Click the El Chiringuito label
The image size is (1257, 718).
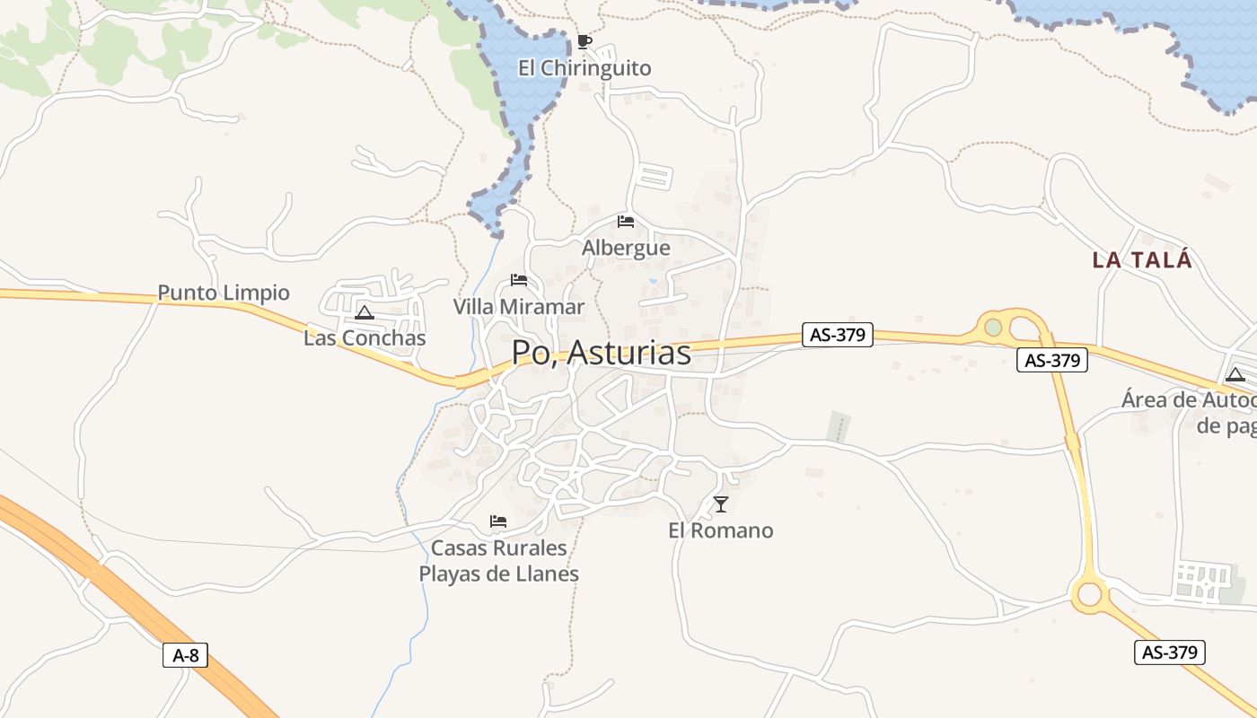[585, 68]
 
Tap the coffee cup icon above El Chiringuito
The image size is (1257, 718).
[584, 41]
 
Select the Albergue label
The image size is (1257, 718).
[626, 248]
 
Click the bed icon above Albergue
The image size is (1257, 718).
[626, 221]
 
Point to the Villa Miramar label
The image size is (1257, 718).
[518, 307]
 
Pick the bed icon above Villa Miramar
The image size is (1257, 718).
[518, 280]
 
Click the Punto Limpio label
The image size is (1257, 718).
[224, 293]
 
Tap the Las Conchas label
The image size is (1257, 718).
[365, 338]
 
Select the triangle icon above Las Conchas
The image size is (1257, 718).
[364, 312]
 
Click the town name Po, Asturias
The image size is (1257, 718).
[602, 353]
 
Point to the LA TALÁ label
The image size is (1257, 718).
[1142, 260]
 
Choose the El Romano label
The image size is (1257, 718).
[720, 530]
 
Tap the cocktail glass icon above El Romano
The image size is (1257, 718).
[720, 503]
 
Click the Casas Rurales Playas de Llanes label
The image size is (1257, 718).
[499, 561]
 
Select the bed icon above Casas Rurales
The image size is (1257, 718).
[498, 521]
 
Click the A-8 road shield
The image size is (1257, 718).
[186, 655]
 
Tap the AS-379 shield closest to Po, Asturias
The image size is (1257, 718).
[837, 335]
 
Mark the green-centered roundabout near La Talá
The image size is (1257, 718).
[993, 328]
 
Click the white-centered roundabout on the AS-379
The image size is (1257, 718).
[1090, 594]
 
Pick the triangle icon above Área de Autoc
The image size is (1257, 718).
[1235, 374]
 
